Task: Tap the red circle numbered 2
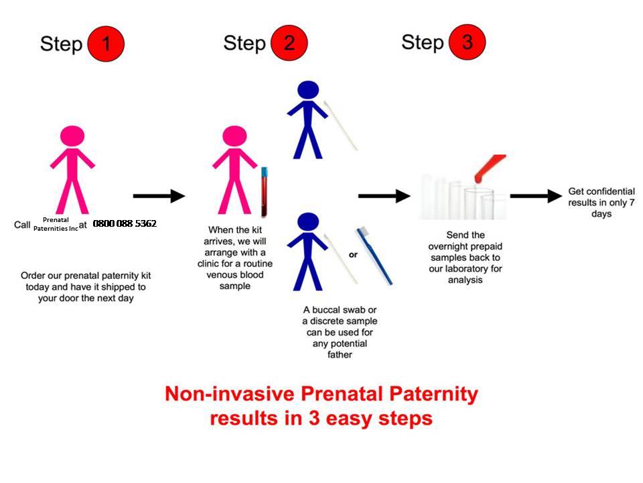tap(289, 42)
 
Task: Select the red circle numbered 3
tap(467, 42)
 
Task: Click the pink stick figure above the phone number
tap(72, 168)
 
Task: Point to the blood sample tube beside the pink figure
tap(265, 192)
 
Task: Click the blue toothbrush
tap(374, 255)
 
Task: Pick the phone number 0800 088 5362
tap(125, 223)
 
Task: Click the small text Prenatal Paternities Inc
tap(56, 224)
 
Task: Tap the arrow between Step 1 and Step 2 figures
tap(159, 196)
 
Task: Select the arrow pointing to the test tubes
tap(384, 196)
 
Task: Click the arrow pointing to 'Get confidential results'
tap(535, 196)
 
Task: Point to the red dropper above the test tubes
tap(490, 168)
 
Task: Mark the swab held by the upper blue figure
tap(340, 125)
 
